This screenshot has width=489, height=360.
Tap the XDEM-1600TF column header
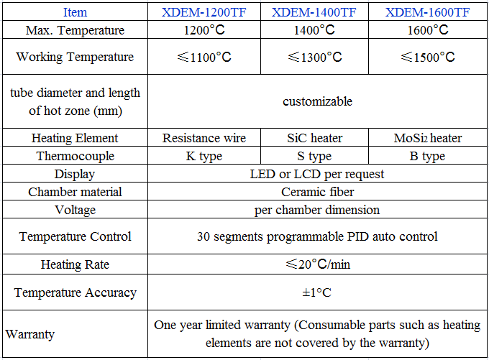[428, 12]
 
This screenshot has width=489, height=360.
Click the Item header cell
[75, 12]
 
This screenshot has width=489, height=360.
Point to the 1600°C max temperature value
[428, 30]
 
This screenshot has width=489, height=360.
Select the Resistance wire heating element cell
[204, 138]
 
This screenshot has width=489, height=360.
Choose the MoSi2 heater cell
[428, 138]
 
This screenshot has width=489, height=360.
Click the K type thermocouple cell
[204, 156]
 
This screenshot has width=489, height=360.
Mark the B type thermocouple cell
[428, 156]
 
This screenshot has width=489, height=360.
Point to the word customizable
[317, 101]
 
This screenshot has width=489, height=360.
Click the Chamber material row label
[75, 192]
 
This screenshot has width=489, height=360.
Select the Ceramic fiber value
[317, 192]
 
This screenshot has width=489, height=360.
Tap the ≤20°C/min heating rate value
[317, 264]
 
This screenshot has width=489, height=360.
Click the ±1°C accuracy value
[317, 292]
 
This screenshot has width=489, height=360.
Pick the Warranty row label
[29, 334]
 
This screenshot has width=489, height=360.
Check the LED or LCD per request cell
[317, 174]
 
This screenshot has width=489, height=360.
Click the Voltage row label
[75, 210]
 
